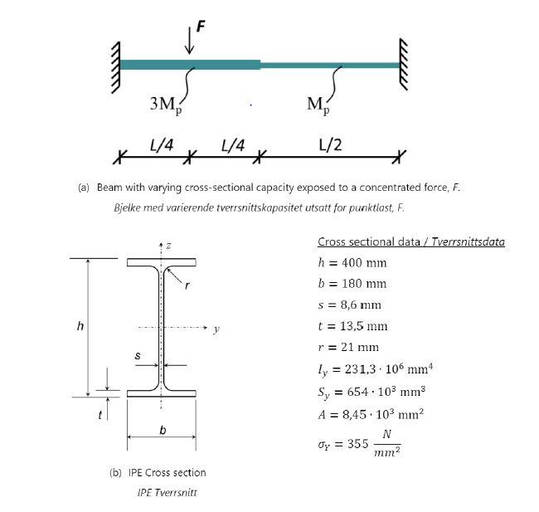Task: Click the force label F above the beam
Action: point(201,25)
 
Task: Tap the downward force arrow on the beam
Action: point(190,41)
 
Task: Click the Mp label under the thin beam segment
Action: point(317,105)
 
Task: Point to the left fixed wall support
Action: point(113,65)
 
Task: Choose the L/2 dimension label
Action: point(329,144)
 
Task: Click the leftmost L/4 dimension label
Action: point(161,144)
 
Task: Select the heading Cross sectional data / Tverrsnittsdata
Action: point(410,241)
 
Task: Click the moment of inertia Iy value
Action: point(372,369)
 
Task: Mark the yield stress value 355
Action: point(357,444)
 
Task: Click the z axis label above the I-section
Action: point(168,246)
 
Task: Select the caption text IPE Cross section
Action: point(158,472)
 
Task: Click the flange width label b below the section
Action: point(161,429)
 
